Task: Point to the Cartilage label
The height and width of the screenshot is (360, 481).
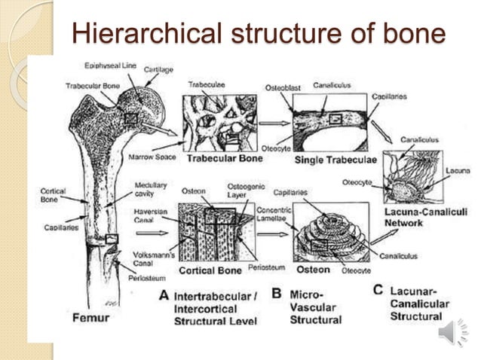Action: pyautogui.click(x=158, y=69)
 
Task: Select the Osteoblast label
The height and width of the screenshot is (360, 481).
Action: pyautogui.click(x=281, y=87)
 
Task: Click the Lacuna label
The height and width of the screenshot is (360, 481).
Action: pyautogui.click(x=456, y=172)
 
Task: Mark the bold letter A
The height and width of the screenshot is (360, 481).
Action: pyautogui.click(x=165, y=296)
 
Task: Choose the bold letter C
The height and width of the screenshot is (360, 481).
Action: pyautogui.click(x=378, y=288)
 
